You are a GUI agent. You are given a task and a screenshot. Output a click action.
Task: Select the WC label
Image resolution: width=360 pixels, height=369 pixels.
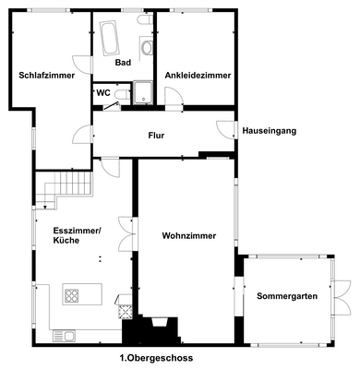pyautogui.click(x=102, y=92)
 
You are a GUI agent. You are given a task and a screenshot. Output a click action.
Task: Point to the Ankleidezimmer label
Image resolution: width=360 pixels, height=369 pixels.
pyautogui.click(x=197, y=76)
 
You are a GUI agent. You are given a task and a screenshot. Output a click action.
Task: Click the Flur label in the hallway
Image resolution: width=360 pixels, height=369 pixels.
pyautogui.click(x=156, y=136)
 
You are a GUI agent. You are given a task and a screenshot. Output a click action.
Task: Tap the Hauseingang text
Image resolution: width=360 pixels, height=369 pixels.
pyautogui.click(x=270, y=132)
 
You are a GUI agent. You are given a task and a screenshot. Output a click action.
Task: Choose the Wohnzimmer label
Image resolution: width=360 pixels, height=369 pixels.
pyautogui.click(x=189, y=236)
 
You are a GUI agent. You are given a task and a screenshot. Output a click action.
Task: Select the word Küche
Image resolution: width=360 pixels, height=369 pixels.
pyautogui.click(x=66, y=240)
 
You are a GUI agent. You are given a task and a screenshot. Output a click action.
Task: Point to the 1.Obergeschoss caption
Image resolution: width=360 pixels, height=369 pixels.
pyautogui.click(x=156, y=358)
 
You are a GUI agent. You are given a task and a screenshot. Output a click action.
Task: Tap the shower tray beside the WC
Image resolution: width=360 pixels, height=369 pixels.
pyautogui.click(x=144, y=90)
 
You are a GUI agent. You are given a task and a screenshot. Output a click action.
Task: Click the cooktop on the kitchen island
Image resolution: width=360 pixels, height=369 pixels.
pyautogui.click(x=73, y=295)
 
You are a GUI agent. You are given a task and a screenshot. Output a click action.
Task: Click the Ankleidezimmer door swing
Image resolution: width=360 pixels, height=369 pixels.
pyautogui.click(x=171, y=94)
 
